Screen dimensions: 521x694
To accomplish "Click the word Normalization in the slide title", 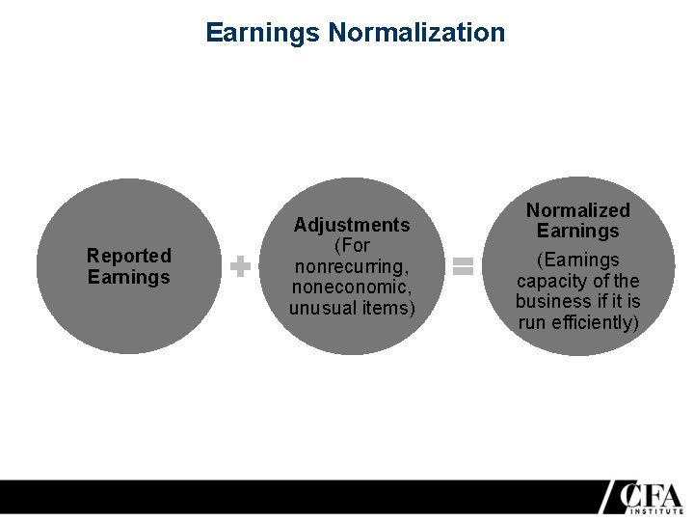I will tap(416, 33).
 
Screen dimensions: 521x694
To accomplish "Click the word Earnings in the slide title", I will tap(263, 33).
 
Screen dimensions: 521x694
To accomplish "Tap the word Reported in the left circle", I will tap(128, 256).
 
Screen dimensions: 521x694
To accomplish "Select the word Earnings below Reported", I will tap(128, 277).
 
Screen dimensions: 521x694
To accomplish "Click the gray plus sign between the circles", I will tap(240, 266).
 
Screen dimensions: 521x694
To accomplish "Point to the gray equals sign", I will tap(464, 266).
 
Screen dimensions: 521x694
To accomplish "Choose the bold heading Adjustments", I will tap(352, 225).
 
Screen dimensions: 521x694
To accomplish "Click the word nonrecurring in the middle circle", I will tap(352, 266).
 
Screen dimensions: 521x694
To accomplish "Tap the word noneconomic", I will tap(352, 288).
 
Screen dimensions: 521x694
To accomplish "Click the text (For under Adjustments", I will tap(352, 245).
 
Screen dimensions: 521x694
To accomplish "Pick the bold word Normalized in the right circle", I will tap(578, 210).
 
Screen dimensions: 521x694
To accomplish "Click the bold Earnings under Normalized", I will tap(578, 231).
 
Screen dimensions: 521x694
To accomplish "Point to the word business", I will tap(550, 301).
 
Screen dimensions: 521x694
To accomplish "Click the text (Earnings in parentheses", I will tap(578, 260).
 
